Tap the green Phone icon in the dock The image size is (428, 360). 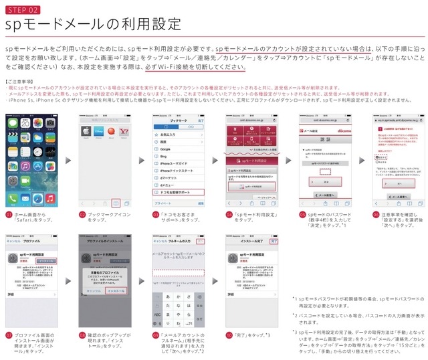point(16,199)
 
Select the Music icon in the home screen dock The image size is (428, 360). point(50,199)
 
